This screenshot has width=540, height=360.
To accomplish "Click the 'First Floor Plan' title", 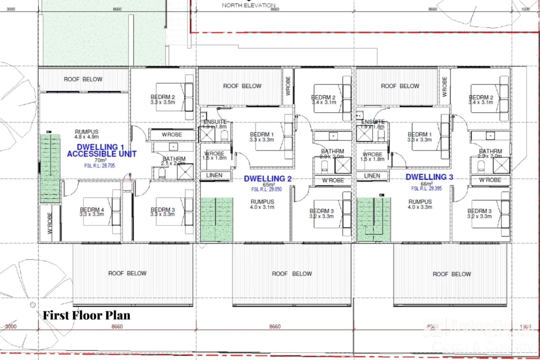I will tap(86, 315).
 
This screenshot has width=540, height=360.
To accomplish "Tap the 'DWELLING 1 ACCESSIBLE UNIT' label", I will tap(101, 150).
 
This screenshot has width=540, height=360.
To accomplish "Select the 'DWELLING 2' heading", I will tap(268, 179).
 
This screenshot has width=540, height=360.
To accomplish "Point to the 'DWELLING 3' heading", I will tap(429, 177).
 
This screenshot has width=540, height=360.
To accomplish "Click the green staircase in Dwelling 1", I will tap(50, 168).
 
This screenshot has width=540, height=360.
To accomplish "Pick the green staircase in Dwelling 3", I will tap(374, 219).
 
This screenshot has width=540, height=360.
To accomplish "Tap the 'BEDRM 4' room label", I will tap(92, 212).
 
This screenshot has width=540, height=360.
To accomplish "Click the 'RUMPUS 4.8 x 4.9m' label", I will tap(87, 134).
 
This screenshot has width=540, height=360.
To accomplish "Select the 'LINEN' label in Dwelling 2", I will tap(214, 175).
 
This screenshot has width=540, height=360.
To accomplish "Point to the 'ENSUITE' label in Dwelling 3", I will tap(373, 122).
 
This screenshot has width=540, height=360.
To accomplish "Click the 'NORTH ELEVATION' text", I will tap(248, 5).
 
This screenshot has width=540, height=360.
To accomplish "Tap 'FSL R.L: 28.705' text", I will tap(99, 166).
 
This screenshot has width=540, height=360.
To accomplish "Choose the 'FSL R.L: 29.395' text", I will tap(426, 188).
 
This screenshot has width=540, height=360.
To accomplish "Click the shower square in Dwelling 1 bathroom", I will tap(185, 172).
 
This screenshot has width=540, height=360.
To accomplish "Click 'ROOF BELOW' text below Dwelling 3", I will tap(452, 274).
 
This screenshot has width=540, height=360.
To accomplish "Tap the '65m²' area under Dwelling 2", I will tap(269, 184).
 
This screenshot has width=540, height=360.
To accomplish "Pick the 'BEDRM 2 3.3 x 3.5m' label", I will tap(163, 99).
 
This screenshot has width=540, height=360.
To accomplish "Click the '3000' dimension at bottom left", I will tap(11, 326).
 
